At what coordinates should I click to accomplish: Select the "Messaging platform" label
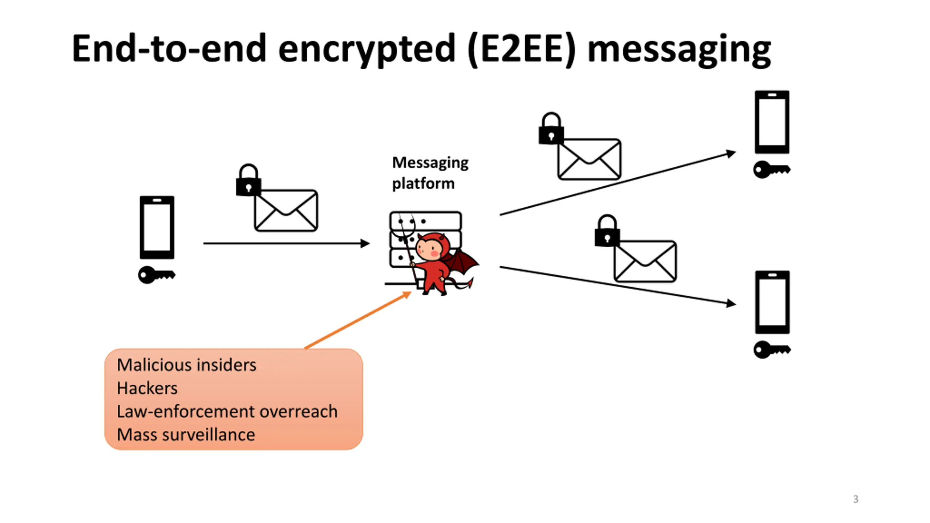click(x=430, y=173)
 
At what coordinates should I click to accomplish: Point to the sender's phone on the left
click(x=157, y=227)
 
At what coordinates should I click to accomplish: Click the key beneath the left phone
click(x=157, y=275)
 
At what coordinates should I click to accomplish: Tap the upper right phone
click(x=772, y=122)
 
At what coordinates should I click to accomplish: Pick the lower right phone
click(x=772, y=302)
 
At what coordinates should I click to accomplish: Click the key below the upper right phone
click(x=772, y=169)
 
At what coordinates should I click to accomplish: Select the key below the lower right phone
click(x=772, y=350)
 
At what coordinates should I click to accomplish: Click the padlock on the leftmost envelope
click(x=248, y=180)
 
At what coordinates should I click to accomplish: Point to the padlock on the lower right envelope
click(x=607, y=231)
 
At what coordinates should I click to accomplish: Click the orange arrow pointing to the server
click(x=358, y=320)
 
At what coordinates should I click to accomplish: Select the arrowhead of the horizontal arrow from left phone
click(x=365, y=243)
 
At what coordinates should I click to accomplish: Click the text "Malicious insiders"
click(x=186, y=365)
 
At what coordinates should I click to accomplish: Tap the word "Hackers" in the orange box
click(x=147, y=388)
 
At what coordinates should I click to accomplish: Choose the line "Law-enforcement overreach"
click(x=227, y=411)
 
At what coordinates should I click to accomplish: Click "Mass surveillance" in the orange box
click(x=186, y=434)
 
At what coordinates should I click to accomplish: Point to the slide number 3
click(x=856, y=499)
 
